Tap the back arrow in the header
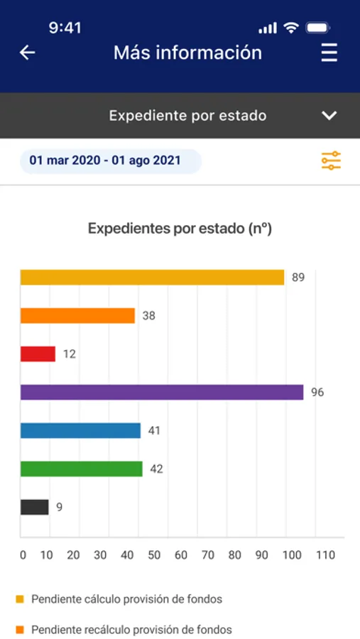[27, 53]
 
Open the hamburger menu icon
[329, 53]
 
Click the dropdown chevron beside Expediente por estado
[329, 116]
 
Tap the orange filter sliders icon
[331, 160]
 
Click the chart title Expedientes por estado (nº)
[180, 228]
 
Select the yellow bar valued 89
[152, 278]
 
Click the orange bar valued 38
[77, 316]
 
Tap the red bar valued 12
[38, 354]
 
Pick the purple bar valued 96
[162, 392]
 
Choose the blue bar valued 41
[80, 430]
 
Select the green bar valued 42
[82, 469]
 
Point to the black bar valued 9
[34, 507]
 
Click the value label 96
[317, 392]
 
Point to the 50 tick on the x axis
[154, 555]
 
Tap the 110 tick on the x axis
[325, 555]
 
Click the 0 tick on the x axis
[23, 555]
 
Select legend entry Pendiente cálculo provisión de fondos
[119, 599]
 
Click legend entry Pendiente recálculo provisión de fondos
[124, 629]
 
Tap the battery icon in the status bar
[318, 28]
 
